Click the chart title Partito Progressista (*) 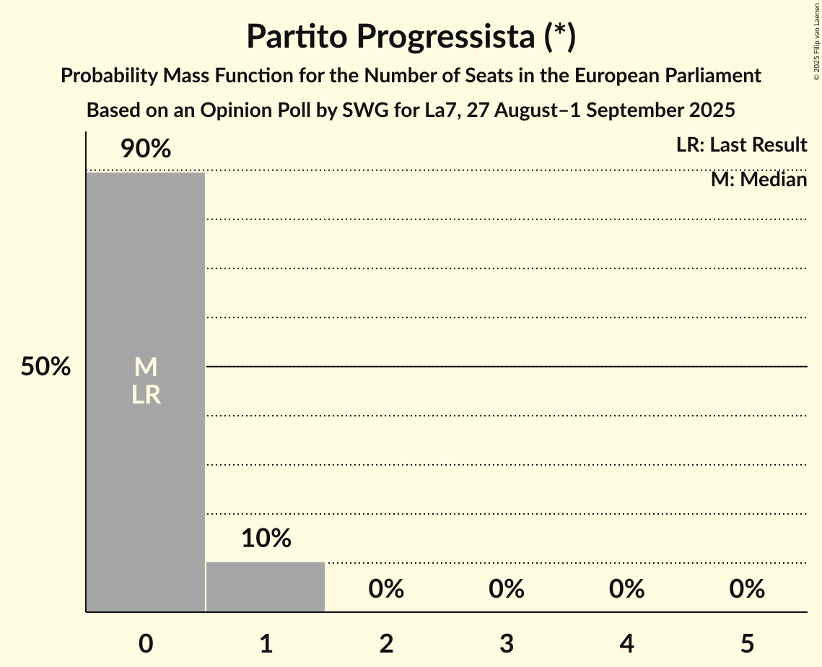click(x=411, y=36)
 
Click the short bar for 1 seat click(x=266, y=587)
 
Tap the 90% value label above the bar click(x=146, y=149)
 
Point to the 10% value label click(x=266, y=539)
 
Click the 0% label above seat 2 click(x=386, y=589)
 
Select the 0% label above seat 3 click(x=507, y=589)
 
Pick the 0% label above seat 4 click(x=626, y=589)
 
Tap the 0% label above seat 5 click(x=747, y=589)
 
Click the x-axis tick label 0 click(x=146, y=643)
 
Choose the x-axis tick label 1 click(x=266, y=643)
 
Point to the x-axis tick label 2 click(x=386, y=643)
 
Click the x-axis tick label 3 click(x=507, y=643)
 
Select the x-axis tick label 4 click(x=626, y=643)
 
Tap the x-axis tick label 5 click(x=747, y=643)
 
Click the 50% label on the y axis click(x=45, y=367)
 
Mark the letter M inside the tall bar click(x=146, y=367)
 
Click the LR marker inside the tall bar click(x=146, y=395)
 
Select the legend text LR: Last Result click(x=741, y=145)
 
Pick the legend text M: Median click(x=758, y=180)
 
